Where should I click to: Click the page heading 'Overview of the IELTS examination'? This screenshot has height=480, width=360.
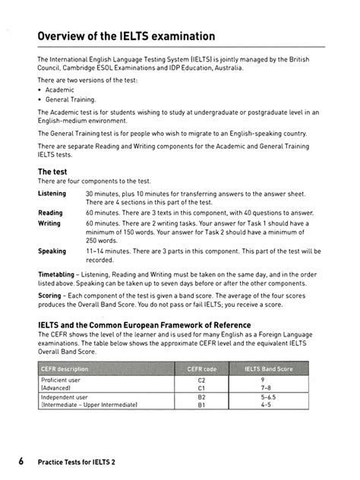tap(127, 36)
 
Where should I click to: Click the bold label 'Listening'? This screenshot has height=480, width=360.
tap(52, 194)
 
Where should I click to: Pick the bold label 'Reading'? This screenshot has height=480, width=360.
tap(50, 213)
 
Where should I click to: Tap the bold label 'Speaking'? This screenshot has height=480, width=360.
tap(52, 251)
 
